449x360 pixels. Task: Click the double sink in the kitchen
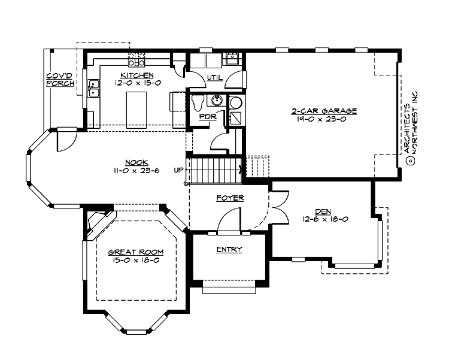(93, 89)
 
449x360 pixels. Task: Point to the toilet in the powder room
(199, 103)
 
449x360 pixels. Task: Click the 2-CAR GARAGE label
(324, 111)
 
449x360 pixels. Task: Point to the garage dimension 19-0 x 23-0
(324, 119)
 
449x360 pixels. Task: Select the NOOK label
(134, 162)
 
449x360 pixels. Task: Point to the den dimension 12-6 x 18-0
(325, 219)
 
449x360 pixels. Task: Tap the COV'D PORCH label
(60, 80)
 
